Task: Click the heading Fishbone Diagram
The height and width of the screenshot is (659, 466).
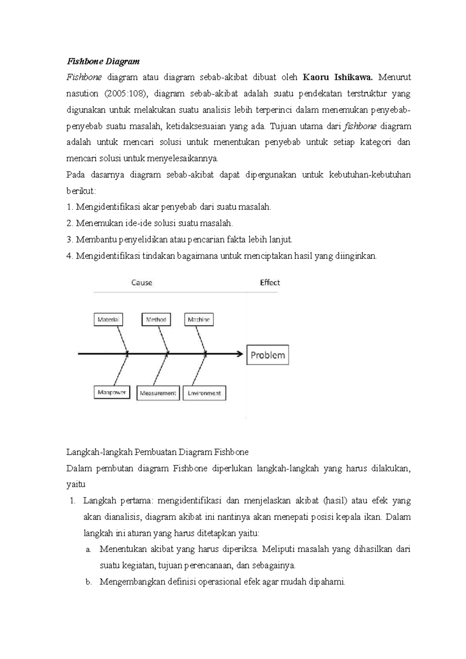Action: tap(103, 61)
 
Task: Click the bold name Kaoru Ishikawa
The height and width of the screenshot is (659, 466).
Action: tap(337, 77)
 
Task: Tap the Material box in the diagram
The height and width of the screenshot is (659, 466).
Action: tap(108, 320)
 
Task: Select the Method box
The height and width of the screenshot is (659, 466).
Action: tap(156, 320)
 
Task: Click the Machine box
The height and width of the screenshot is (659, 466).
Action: tap(199, 320)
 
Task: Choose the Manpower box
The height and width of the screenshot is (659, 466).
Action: tap(112, 392)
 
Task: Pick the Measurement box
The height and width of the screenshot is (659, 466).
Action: tap(158, 393)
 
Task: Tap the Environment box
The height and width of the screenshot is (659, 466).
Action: tap(204, 393)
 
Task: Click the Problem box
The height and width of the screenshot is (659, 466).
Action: tap(268, 355)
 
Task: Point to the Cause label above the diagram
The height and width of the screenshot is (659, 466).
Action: tap(141, 283)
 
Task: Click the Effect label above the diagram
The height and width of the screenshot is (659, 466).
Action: tap(270, 283)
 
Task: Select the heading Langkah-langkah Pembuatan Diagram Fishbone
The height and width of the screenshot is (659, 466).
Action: tap(157, 452)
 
